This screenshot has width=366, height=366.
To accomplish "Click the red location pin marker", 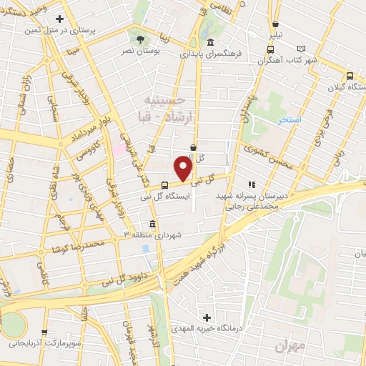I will coord(184,169).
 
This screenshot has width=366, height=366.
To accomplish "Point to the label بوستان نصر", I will coord(139,52).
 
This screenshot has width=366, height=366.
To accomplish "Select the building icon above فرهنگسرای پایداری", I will coord(209,41).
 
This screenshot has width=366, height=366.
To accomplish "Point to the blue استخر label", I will coord(290,119).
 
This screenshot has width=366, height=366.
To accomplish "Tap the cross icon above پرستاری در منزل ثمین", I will coord(59,19).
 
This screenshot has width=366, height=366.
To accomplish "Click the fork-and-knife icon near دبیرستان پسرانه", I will coord(252,182).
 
